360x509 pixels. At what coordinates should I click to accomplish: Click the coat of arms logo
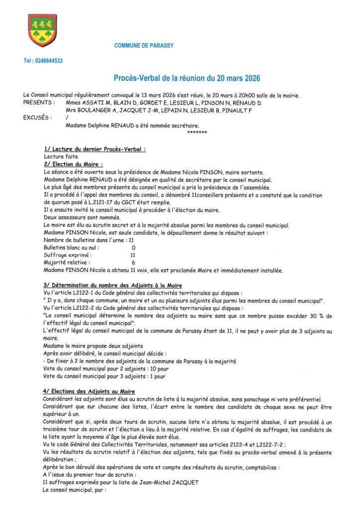(x=42, y=30)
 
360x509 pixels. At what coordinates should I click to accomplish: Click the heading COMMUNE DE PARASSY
(x=144, y=46)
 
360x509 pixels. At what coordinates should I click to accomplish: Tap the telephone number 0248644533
(x=43, y=61)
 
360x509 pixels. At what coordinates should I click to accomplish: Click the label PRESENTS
(x=39, y=102)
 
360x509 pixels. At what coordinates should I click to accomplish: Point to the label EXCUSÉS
(x=37, y=118)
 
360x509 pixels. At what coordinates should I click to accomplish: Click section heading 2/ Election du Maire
(x=73, y=164)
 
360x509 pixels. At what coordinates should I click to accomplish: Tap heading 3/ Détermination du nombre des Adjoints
(x=112, y=285)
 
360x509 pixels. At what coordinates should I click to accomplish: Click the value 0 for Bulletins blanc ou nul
(x=133, y=247)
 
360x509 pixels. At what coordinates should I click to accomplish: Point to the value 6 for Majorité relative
(x=133, y=262)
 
